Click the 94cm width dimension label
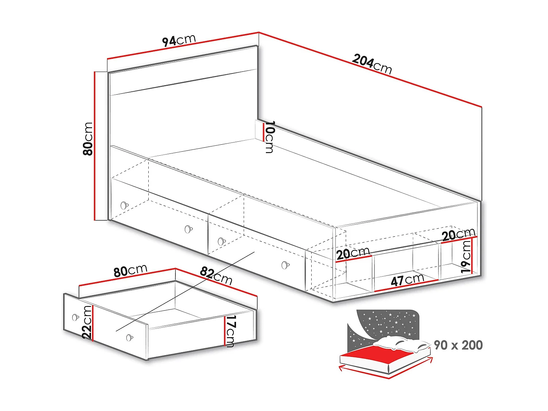pos(179,40)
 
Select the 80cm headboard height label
pos(88,139)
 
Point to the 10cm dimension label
pos(270,137)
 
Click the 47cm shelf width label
pos(407,280)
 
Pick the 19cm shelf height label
pos(466,256)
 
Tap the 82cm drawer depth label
pos(216,276)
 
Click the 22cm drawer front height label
pos(87,322)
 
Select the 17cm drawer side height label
pos(230,331)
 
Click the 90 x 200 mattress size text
pos(458,345)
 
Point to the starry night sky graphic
pos(384,323)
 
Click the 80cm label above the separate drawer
pos(130,271)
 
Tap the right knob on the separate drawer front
pos(129,338)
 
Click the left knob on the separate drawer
pos(75,317)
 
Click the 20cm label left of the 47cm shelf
pos(353,253)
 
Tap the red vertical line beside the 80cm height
pos(95,146)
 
